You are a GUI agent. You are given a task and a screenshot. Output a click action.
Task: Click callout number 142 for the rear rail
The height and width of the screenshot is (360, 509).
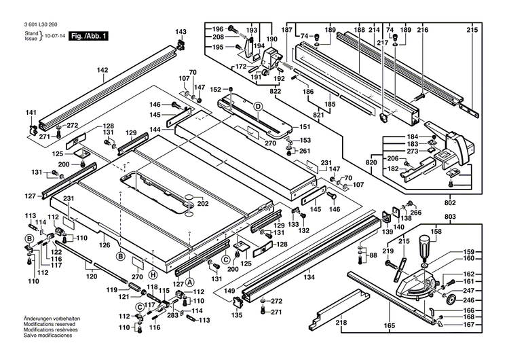click(102, 70)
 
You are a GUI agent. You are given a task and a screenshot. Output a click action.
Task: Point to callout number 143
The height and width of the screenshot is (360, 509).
click(181, 32)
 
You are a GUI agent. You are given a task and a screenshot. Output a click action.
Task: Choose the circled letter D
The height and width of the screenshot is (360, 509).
click(258, 106)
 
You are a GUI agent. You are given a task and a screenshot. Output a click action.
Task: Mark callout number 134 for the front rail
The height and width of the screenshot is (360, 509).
click(309, 277)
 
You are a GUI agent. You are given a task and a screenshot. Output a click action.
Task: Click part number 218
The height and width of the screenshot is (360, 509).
click(341, 322)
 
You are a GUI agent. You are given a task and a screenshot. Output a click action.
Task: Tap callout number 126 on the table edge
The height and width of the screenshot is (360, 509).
click(105, 245)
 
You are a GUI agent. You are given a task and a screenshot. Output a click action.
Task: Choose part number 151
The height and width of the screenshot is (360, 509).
click(304, 127)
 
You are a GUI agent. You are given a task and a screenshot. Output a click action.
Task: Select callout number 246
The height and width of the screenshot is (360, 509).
click(470, 300)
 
